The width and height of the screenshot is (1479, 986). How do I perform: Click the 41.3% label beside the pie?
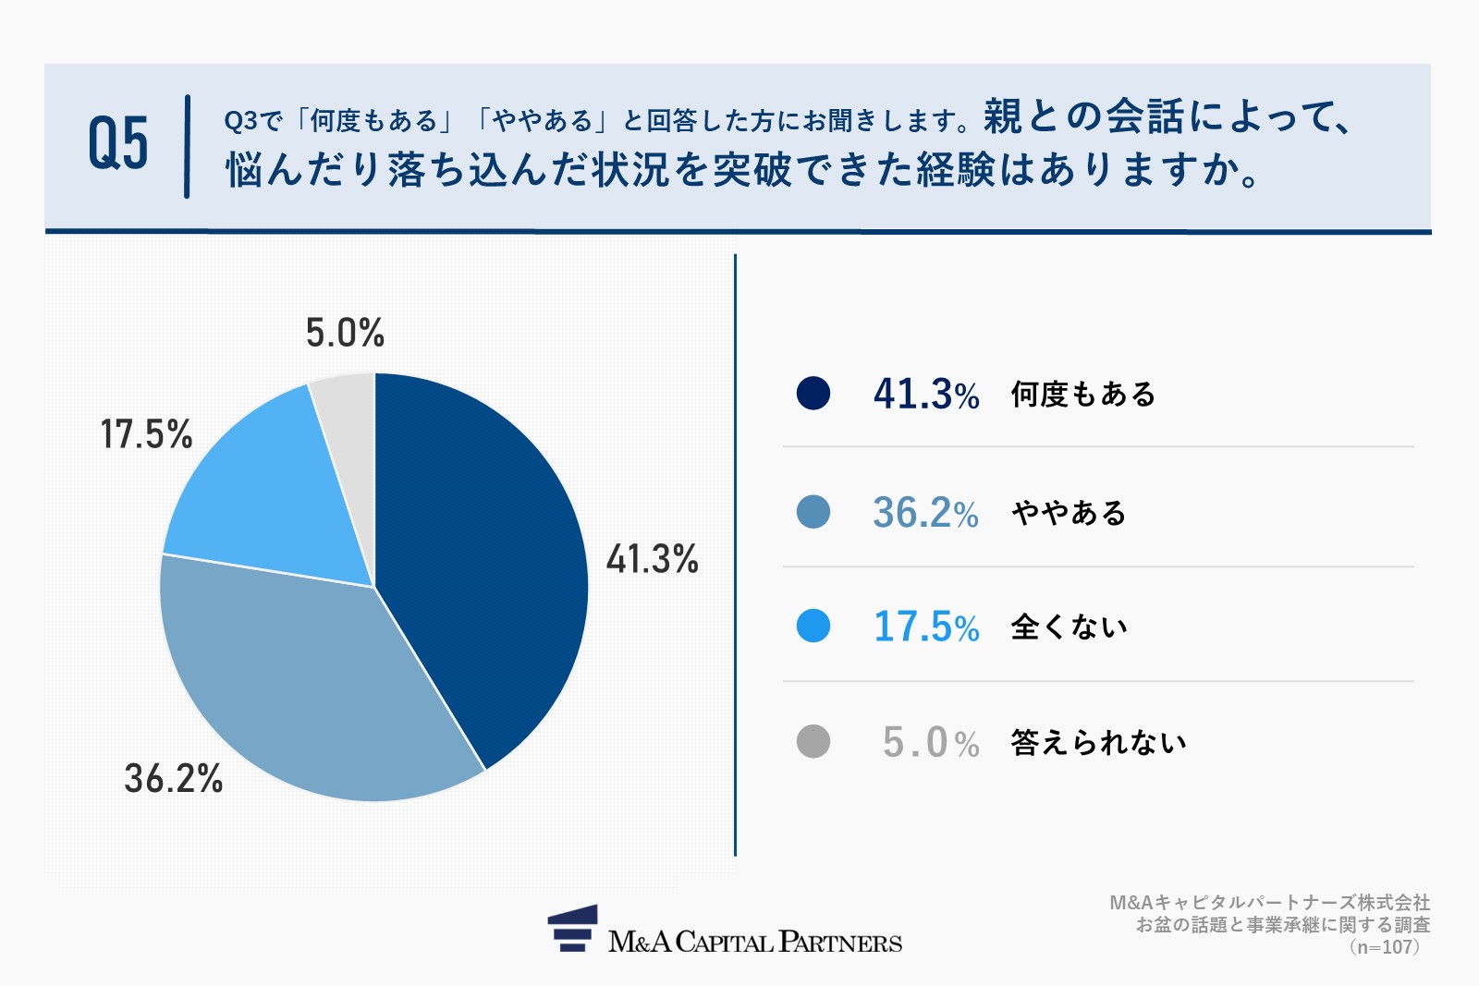(653, 559)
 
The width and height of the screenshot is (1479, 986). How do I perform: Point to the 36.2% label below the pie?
(174, 778)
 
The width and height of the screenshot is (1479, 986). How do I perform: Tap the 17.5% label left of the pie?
(147, 434)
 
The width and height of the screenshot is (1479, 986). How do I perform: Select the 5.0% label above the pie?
(345, 333)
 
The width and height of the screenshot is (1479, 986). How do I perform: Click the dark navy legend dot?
(813, 394)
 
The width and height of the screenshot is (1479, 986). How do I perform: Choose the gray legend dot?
(813, 741)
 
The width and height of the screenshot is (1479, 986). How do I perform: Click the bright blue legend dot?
(813, 626)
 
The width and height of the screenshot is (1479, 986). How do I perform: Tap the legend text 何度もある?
(1082, 395)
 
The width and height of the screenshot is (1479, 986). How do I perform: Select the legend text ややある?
(1069, 513)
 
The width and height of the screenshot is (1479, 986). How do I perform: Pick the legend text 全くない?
(1069, 627)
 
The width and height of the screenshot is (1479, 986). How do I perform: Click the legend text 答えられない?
(1099, 742)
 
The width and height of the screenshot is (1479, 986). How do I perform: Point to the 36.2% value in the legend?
(925, 513)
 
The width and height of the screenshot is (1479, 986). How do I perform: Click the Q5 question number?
(118, 143)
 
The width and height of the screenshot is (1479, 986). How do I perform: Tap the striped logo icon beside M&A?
(572, 928)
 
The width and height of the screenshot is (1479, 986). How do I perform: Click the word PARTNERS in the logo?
(840, 942)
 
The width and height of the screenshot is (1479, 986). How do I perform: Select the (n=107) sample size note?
(1385, 947)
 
